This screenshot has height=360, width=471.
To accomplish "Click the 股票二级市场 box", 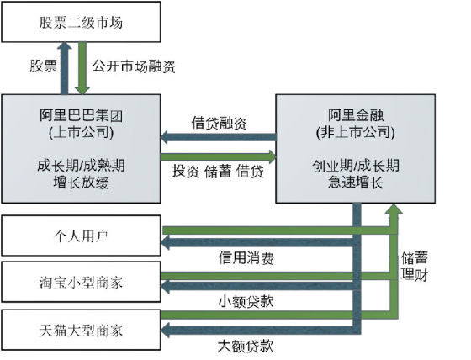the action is pos(81,22).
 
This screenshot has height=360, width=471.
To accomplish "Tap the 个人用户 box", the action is pos(81,236).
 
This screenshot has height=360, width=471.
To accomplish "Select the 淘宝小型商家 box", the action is pos(81,282).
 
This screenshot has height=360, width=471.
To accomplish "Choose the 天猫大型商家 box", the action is pos(81,330).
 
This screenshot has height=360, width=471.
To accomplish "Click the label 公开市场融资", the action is pos(134,66).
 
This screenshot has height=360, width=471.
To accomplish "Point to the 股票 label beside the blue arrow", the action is pos(43,66).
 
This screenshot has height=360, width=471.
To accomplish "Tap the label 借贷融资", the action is pos(219,123).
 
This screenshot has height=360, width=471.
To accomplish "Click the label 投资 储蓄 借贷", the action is pos(218,171).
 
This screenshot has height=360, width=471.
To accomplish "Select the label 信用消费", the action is pos(246,258).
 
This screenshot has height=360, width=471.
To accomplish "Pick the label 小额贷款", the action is pos(246,301).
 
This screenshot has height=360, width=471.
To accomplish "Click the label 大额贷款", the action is pos(246,346).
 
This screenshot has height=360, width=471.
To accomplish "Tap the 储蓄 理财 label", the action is pos(415,267).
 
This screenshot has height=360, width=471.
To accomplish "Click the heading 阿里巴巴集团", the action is pos(81,115).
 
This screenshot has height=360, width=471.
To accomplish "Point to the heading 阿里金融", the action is pos(356,114).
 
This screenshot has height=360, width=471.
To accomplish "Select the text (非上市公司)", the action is pos(355,132).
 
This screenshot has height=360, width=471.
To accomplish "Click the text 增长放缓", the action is pos(81,183).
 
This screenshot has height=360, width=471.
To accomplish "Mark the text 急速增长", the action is pos(356,182).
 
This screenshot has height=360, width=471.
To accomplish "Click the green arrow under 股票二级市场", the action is pos(82,68).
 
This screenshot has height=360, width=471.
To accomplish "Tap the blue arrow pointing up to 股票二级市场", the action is pos(64,68).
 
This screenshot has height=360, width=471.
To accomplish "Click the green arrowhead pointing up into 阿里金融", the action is pos(394,209).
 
